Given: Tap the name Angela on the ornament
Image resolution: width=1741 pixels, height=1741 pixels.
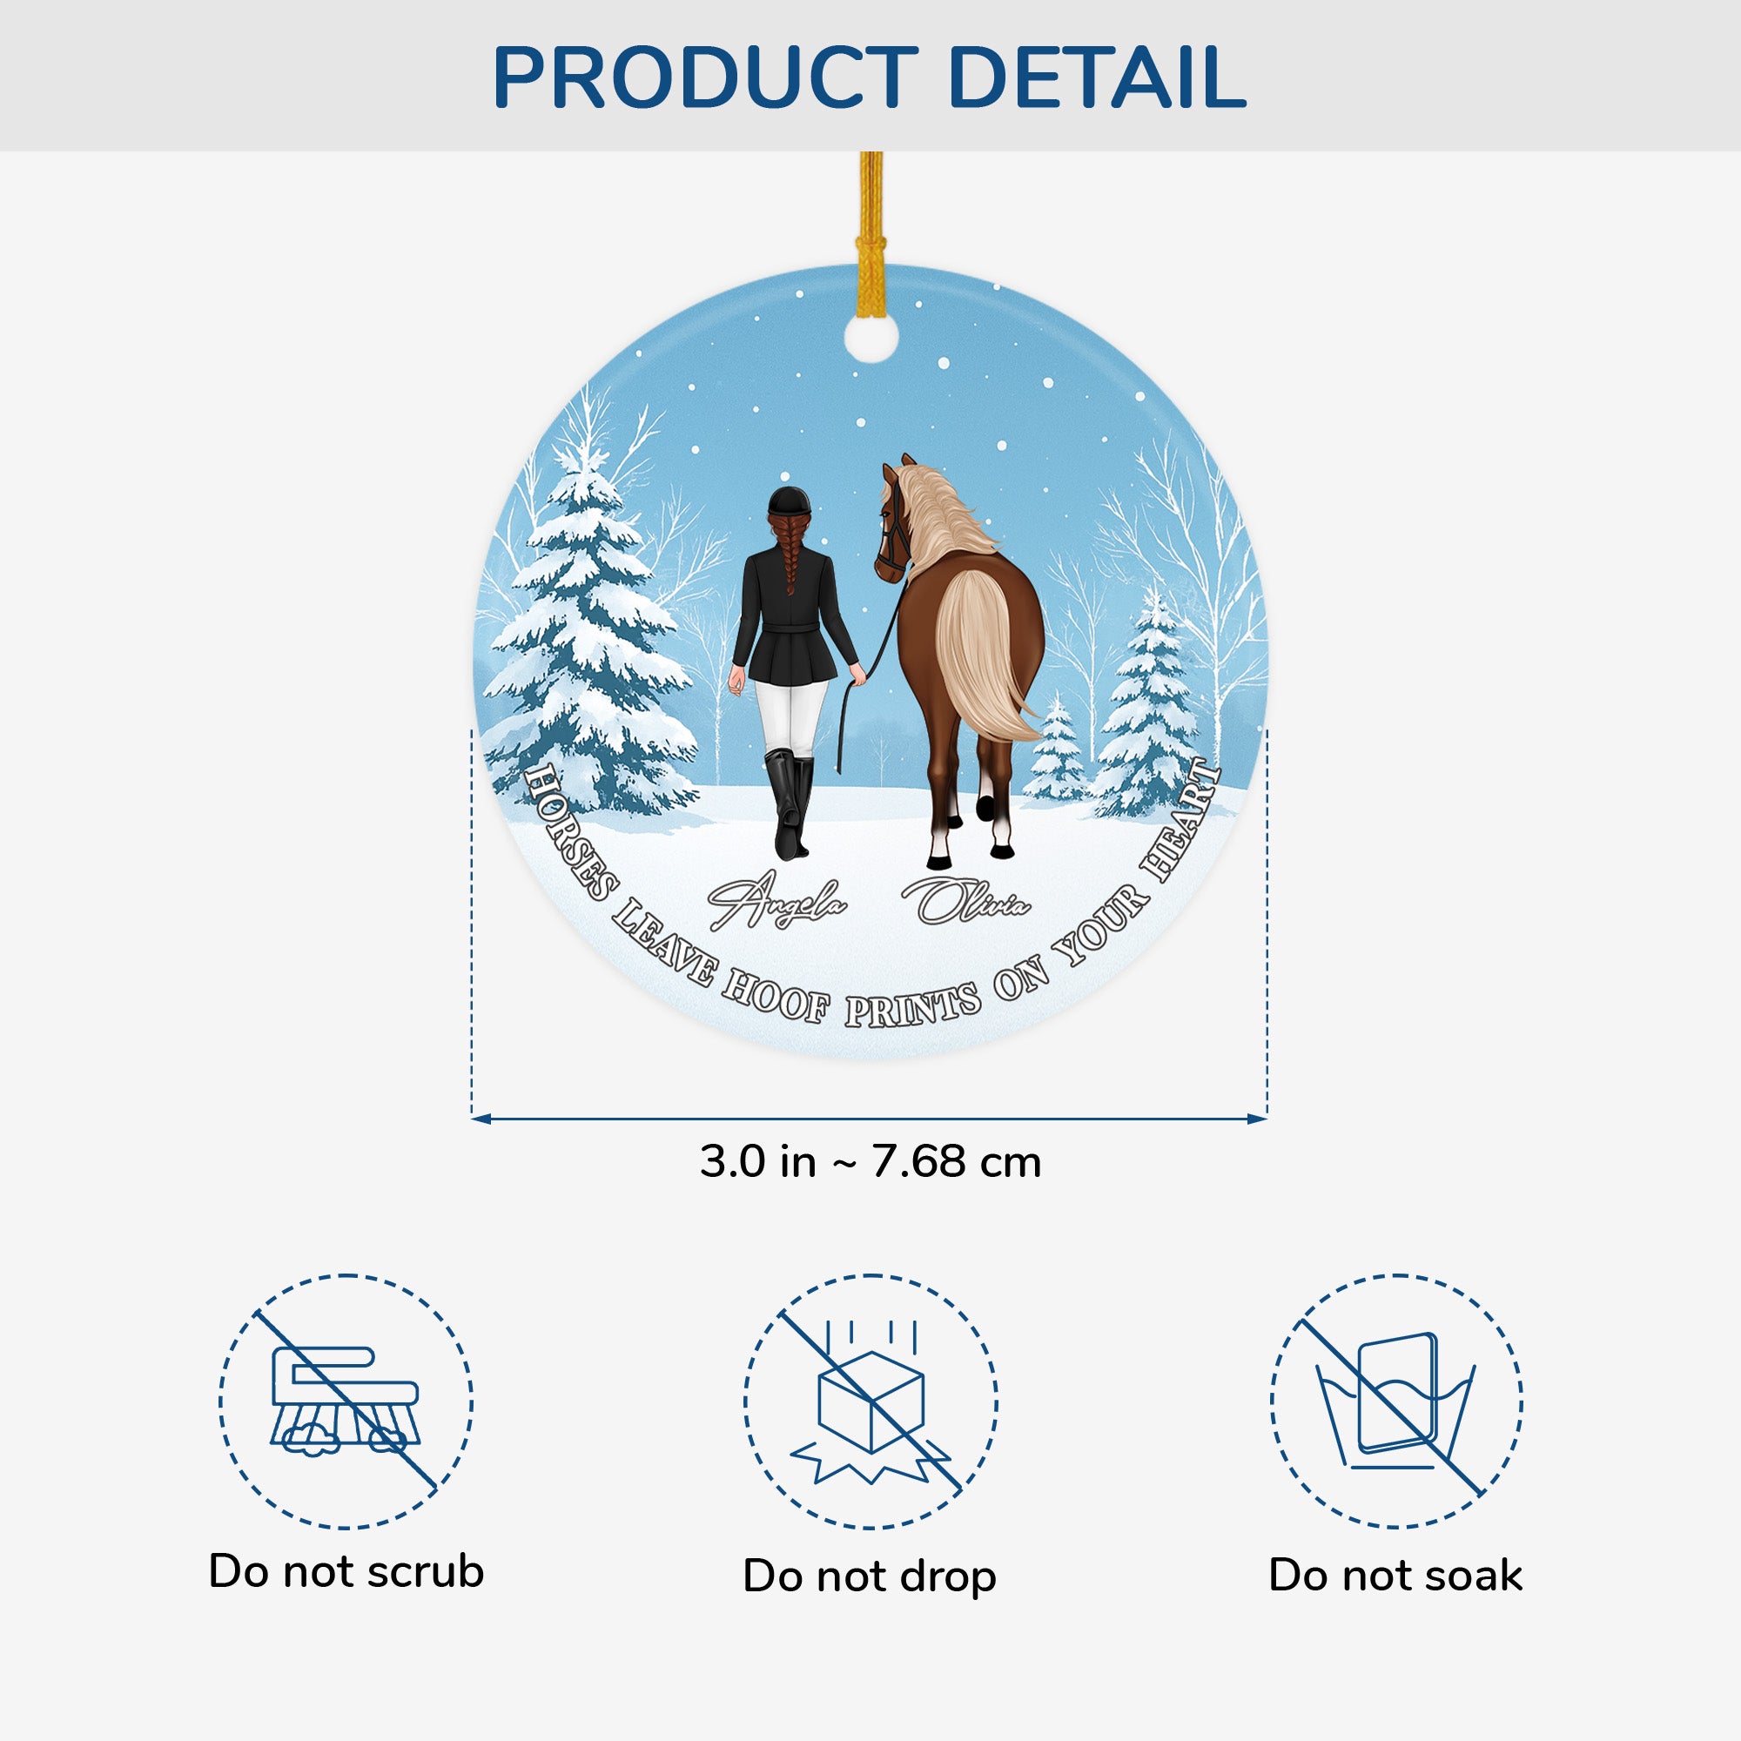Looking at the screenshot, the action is (x=776, y=901).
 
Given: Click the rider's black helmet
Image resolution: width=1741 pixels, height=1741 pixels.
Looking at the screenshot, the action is (x=790, y=501).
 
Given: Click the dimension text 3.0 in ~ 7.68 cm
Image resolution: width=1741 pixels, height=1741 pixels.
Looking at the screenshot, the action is (x=870, y=1162).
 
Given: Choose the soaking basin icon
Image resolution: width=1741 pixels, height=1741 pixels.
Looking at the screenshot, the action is (x=1396, y=1402).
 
